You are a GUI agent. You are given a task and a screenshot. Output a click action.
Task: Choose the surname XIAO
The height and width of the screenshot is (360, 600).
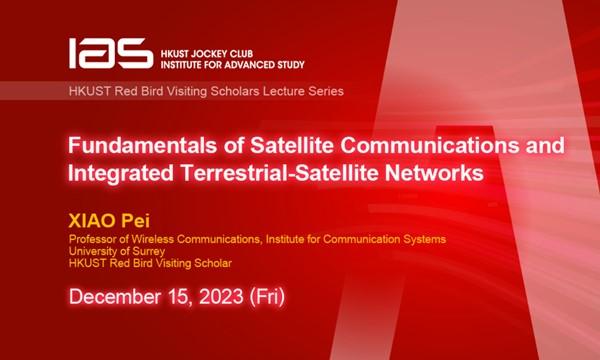click(x=93, y=221)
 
